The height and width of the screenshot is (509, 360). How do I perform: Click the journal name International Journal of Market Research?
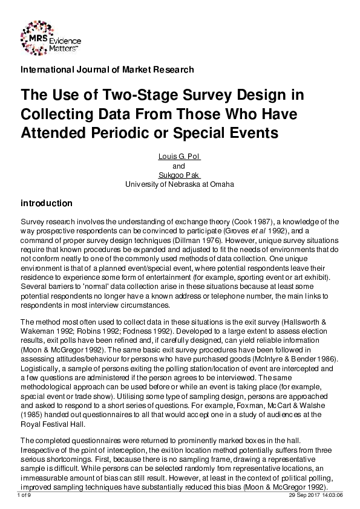pyautogui.click(x=107, y=70)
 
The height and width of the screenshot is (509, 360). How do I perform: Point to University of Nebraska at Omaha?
pyautogui.click(x=179, y=184)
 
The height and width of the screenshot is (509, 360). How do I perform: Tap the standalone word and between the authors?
pyautogui.click(x=179, y=166)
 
